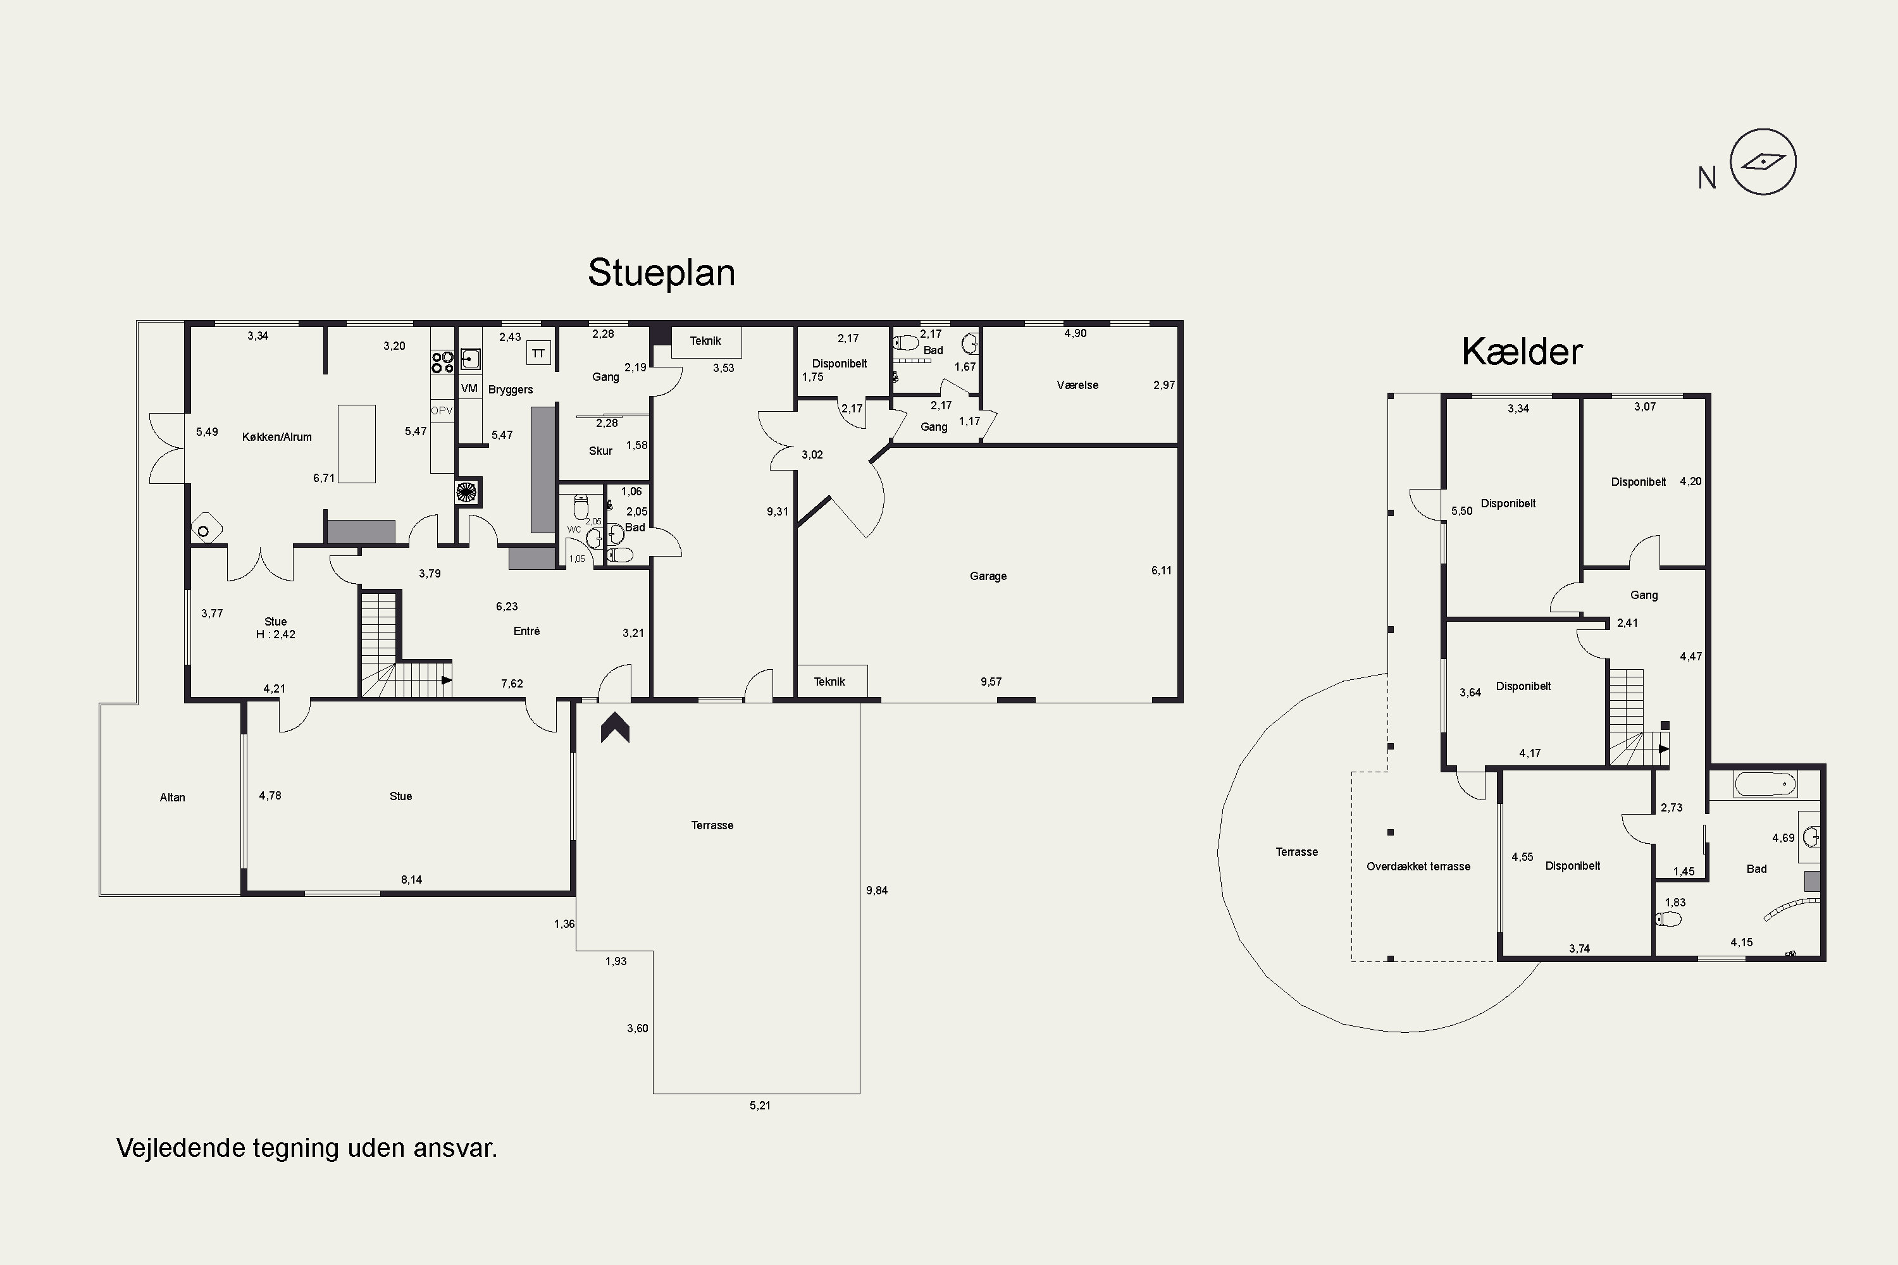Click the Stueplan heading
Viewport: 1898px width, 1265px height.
[x=661, y=273]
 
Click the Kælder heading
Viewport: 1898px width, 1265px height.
[x=1522, y=352]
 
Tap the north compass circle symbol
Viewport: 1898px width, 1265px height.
[x=1763, y=161]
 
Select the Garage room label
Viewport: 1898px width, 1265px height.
[x=988, y=576]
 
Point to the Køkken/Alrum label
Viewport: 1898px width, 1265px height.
[x=277, y=437]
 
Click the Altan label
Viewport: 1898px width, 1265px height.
[x=172, y=797]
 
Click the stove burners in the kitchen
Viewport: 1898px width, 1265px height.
[x=442, y=362]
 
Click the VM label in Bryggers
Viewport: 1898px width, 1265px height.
[x=469, y=388]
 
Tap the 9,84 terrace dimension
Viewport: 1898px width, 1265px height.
[x=876, y=891]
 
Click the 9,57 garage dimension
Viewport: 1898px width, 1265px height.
[x=991, y=682]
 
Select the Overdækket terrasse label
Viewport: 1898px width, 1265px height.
[x=1418, y=867]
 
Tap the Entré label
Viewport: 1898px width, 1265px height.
[x=526, y=631]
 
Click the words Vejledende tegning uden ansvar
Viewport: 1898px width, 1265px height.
[x=307, y=1148]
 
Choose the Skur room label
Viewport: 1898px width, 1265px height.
[x=600, y=451]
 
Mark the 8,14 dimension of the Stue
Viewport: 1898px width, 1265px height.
[x=412, y=879]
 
